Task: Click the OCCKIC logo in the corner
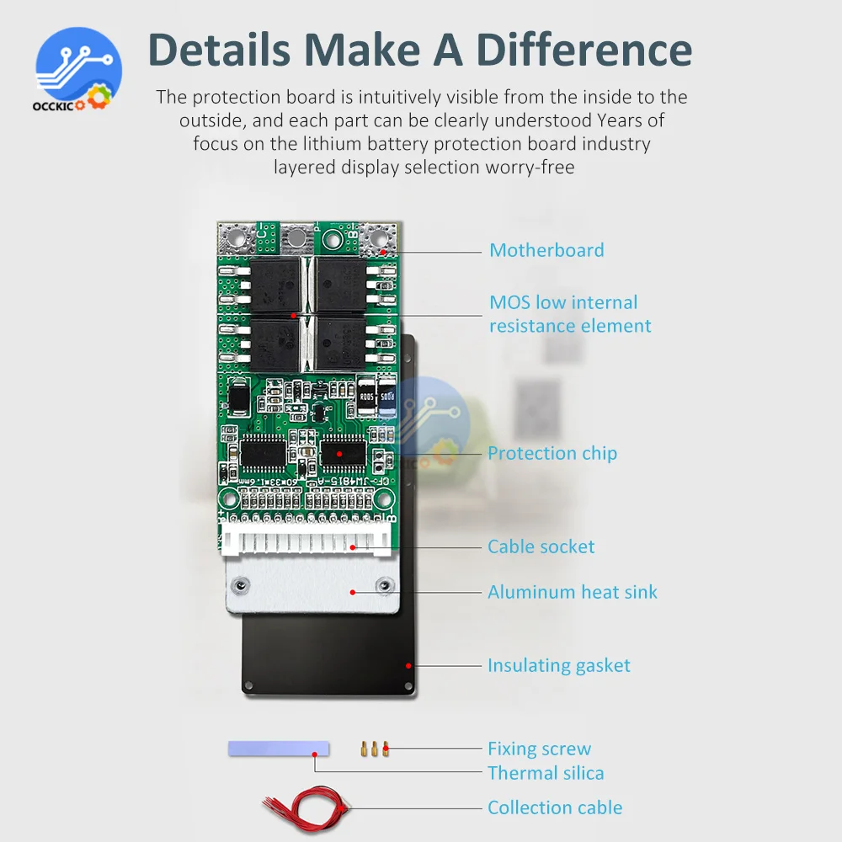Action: click(x=78, y=71)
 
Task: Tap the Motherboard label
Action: click(x=546, y=250)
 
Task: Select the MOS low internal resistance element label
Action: click(x=569, y=314)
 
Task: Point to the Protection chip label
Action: click(x=552, y=453)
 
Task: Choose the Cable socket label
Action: click(x=541, y=546)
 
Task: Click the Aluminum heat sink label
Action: click(x=572, y=592)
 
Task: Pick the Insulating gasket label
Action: click(x=558, y=665)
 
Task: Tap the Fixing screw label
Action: click(x=539, y=749)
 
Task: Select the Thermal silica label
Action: click(x=546, y=773)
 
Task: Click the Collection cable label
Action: click(x=555, y=807)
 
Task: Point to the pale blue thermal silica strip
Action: click(x=278, y=748)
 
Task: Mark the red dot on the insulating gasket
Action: click(x=407, y=665)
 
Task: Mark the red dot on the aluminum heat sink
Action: click(x=353, y=592)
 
